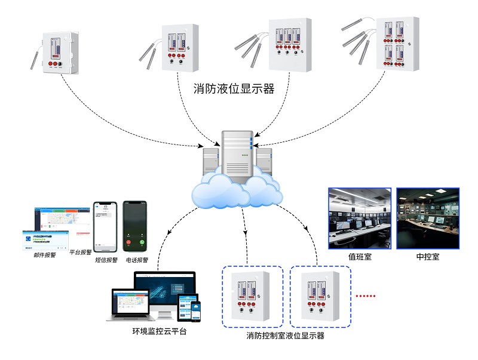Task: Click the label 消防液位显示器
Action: tap(234, 89)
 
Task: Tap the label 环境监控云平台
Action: tap(159, 331)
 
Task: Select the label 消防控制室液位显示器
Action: tap(285, 336)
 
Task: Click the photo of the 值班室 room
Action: tap(360, 218)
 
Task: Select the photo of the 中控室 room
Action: tap(428, 218)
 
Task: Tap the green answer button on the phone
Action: tap(142, 243)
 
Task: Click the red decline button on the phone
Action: tap(128, 243)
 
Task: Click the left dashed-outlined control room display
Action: tap(252, 297)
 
